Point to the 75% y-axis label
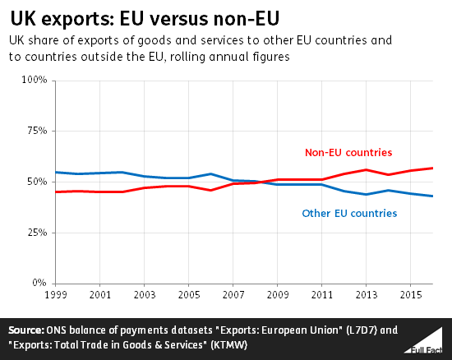[38, 132]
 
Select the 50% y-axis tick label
[38, 182]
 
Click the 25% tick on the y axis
[38, 233]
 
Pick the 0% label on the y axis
[41, 284]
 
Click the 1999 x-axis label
[55, 294]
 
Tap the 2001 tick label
[100, 294]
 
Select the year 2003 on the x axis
[145, 294]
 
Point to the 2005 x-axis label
[190, 294]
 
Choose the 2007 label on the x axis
[234, 294]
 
